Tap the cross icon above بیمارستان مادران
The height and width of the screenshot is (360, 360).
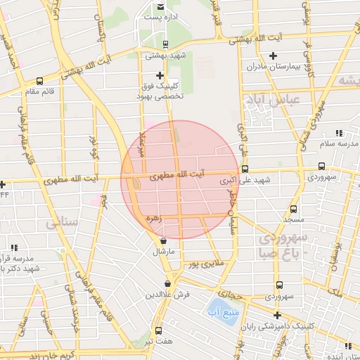(274, 56)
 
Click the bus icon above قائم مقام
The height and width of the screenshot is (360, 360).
(39, 80)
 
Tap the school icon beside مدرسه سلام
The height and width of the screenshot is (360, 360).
(340, 132)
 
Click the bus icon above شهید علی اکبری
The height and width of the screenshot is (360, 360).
(245, 169)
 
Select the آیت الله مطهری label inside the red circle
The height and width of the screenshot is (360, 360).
(179, 172)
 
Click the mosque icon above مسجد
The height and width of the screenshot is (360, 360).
(294, 210)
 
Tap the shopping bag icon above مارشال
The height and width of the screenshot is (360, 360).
(164, 240)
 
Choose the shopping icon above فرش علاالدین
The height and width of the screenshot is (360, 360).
(167, 283)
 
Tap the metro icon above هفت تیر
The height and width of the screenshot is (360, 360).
(158, 330)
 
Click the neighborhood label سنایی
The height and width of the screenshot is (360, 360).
(63, 224)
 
